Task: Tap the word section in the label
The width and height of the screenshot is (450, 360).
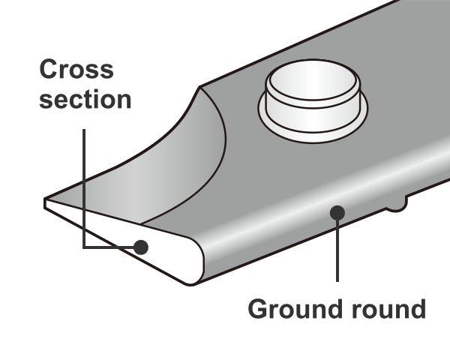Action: (85, 99)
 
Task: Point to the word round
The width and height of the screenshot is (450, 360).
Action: (386, 308)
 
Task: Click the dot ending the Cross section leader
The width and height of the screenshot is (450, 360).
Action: (140, 247)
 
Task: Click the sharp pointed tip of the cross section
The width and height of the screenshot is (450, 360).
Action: (46, 202)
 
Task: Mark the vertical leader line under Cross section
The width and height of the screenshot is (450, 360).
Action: (84, 187)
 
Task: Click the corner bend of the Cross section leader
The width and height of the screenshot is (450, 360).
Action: (84, 247)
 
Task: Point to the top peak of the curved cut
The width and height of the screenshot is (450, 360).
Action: (201, 88)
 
